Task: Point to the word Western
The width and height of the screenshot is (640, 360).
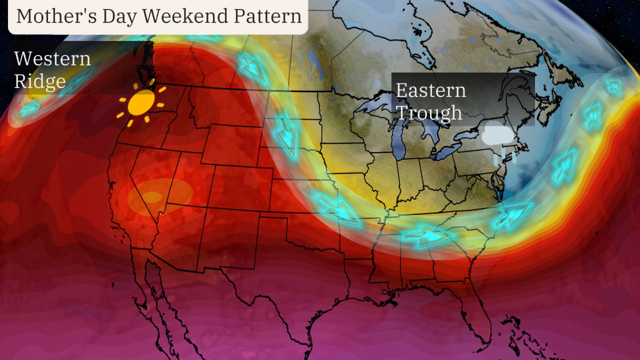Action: [x=52, y=58]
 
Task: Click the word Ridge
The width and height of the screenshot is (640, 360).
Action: [x=40, y=80]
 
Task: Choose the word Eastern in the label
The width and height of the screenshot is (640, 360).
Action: [x=430, y=90]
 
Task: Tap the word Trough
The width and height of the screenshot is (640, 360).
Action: [x=428, y=112]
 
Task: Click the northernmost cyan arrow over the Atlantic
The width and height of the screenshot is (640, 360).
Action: [x=614, y=88]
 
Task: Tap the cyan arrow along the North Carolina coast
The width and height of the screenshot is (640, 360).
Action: [x=512, y=215]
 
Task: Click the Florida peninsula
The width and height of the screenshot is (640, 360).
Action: [x=475, y=310]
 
